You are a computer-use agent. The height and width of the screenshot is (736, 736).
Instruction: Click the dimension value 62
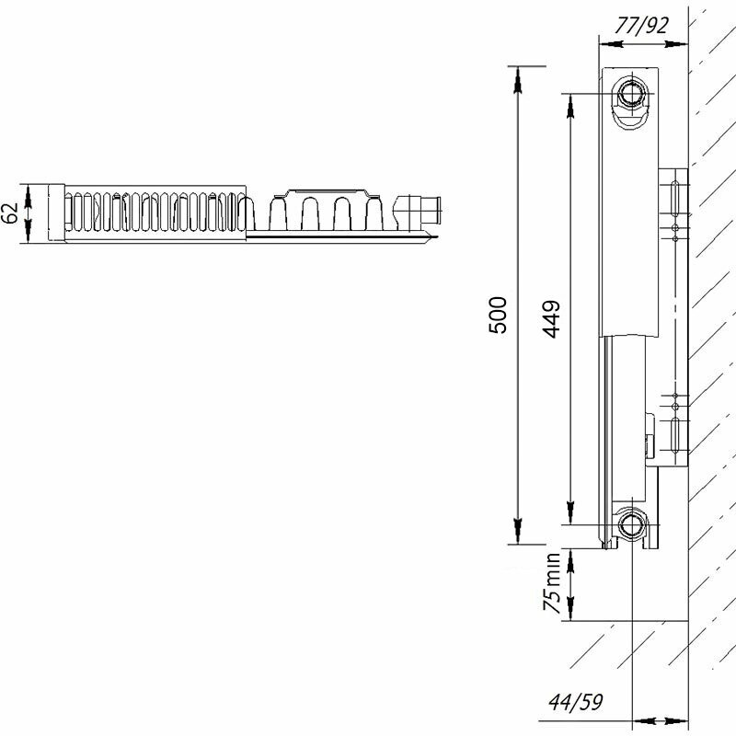(x=12, y=213)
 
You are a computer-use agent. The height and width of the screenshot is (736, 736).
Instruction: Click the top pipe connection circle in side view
(x=632, y=93)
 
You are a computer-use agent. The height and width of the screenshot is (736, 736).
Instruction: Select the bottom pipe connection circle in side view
(x=632, y=526)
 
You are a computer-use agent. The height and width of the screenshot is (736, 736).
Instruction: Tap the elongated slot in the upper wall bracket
(x=676, y=196)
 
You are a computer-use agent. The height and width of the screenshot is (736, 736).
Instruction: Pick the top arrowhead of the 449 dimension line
(x=570, y=101)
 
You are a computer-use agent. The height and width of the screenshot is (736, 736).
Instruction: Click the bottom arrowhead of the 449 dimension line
(x=570, y=516)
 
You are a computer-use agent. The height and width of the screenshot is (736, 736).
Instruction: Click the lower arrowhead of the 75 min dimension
(x=570, y=612)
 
